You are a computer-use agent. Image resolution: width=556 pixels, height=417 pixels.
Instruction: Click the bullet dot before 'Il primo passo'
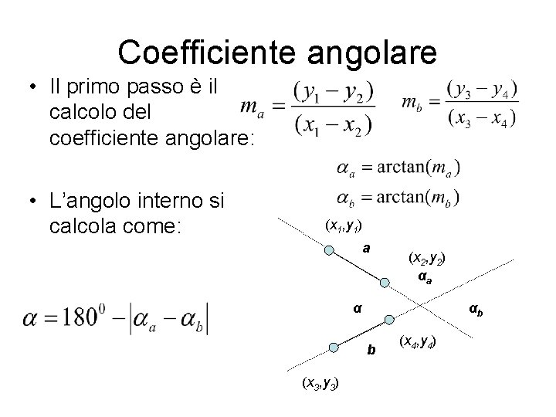tap(30, 88)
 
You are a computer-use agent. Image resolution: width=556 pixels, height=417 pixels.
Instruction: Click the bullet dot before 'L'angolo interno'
tap(30, 202)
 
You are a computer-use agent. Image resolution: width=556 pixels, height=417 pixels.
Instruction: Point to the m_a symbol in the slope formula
tap(249, 107)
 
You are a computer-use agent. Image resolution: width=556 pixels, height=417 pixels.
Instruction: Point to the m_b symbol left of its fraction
tap(412, 103)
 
